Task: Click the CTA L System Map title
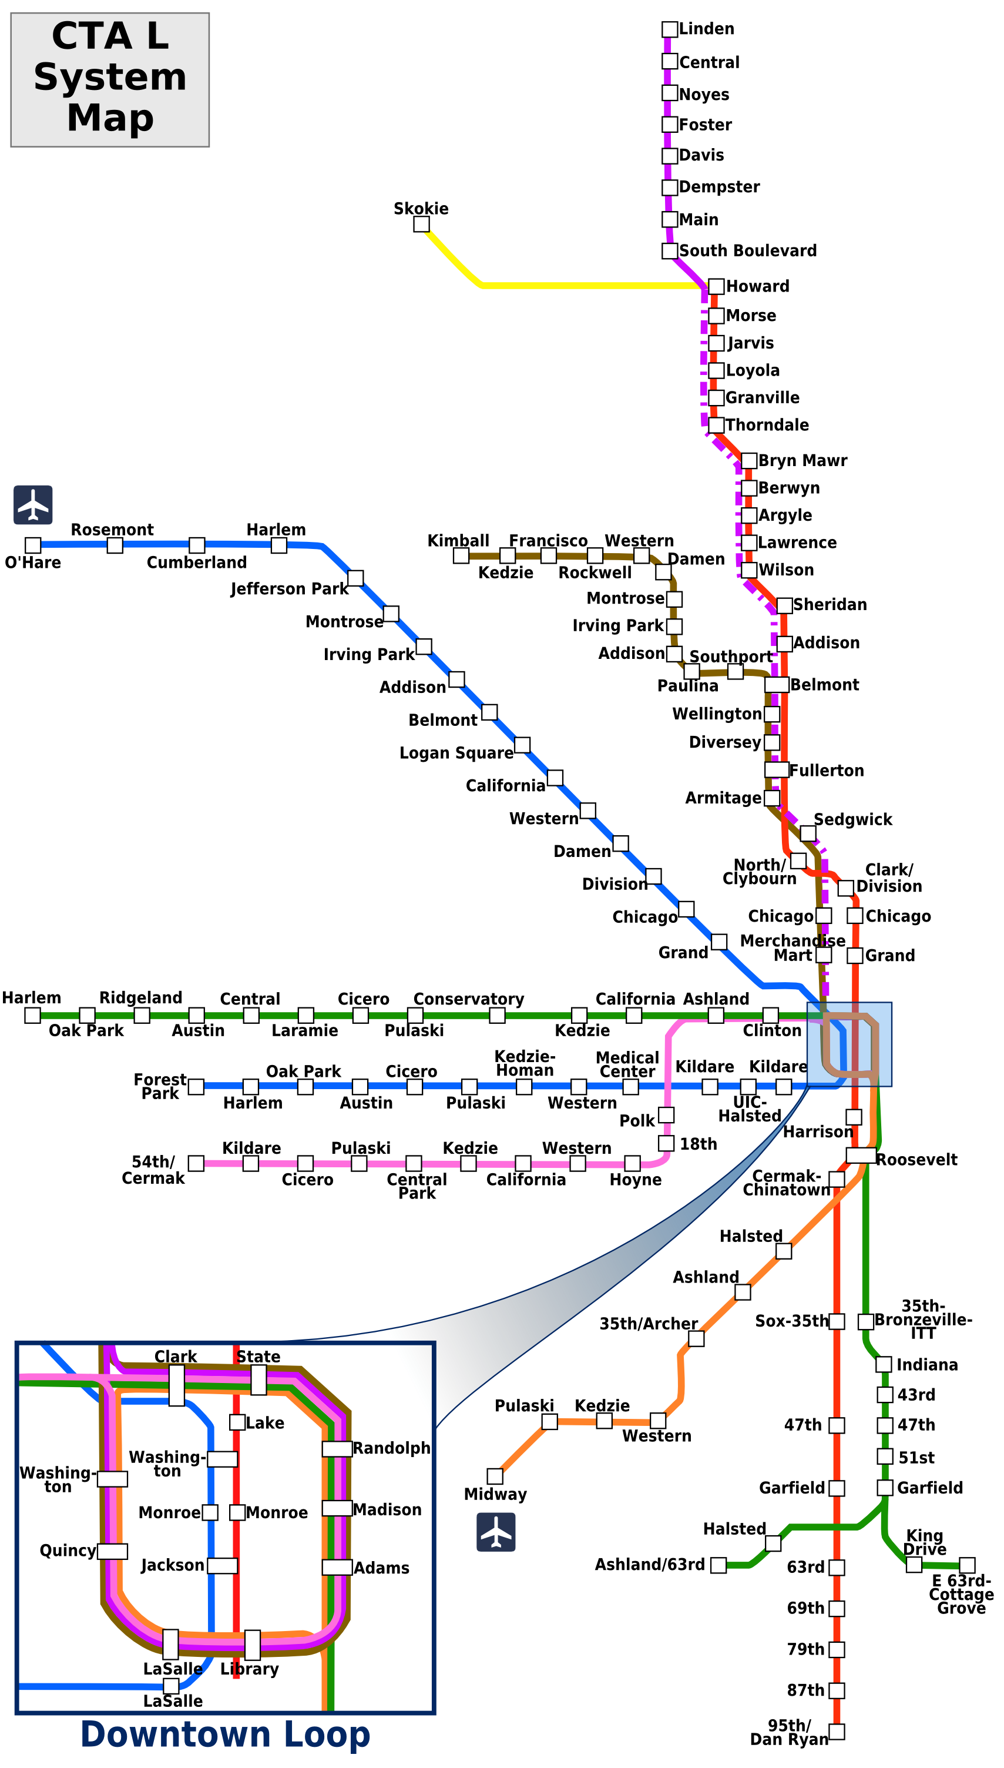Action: point(110,77)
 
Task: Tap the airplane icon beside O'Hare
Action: point(33,505)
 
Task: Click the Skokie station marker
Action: point(421,224)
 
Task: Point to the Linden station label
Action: point(706,29)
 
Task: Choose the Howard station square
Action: point(717,286)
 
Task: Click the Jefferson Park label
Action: point(289,588)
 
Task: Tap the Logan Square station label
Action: point(456,752)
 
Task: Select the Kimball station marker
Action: point(461,555)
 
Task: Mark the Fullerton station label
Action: point(826,771)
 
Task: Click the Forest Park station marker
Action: point(196,1086)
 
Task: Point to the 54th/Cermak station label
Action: point(153,1169)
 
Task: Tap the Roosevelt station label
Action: point(916,1160)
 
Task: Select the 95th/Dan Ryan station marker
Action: point(837,1732)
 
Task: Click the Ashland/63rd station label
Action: point(650,1565)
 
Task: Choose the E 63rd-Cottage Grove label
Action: point(961,1594)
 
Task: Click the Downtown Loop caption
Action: point(226,1734)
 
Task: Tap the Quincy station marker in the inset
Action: point(112,1551)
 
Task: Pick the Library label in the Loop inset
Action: point(250,1669)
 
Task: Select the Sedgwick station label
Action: point(852,819)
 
